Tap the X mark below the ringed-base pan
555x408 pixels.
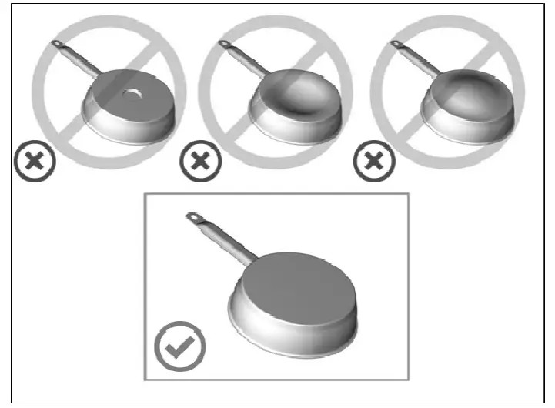point(32,162)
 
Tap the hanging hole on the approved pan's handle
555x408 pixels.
point(193,218)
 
